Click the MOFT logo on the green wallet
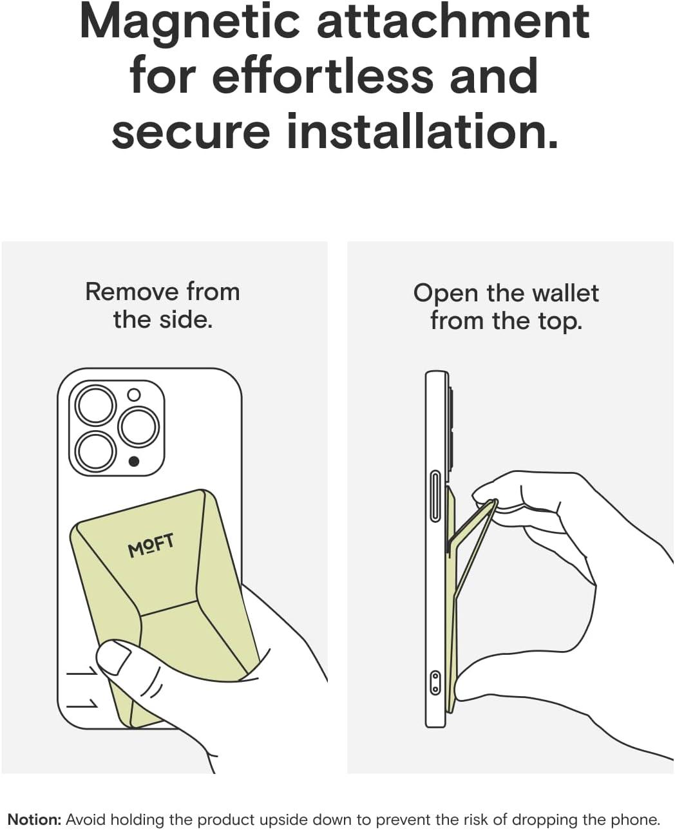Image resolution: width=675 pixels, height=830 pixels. [x=151, y=545]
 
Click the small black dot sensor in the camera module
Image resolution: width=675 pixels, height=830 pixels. [x=134, y=462]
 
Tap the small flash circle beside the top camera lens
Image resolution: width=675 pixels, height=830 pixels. [x=134, y=395]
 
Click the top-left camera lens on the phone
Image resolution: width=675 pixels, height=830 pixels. [x=95, y=405]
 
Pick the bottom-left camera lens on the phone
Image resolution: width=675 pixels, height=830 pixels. [x=95, y=451]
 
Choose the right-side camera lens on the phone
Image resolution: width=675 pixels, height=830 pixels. [x=138, y=427]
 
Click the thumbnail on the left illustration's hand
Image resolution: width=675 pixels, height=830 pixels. [x=115, y=656]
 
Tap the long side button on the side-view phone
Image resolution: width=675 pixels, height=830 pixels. [x=435, y=496]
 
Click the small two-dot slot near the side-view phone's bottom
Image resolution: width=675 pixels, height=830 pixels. [x=435, y=683]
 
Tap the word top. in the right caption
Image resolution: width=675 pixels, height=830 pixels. [x=560, y=322]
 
